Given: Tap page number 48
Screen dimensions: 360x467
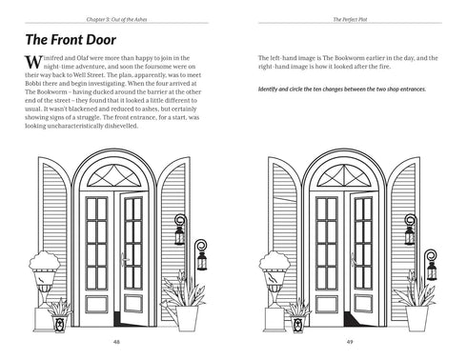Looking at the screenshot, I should [116, 342].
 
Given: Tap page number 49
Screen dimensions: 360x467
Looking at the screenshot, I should [350, 342].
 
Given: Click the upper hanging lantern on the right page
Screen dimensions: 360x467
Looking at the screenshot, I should [412, 230].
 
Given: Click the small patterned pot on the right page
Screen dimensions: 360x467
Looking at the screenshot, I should [293, 324].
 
